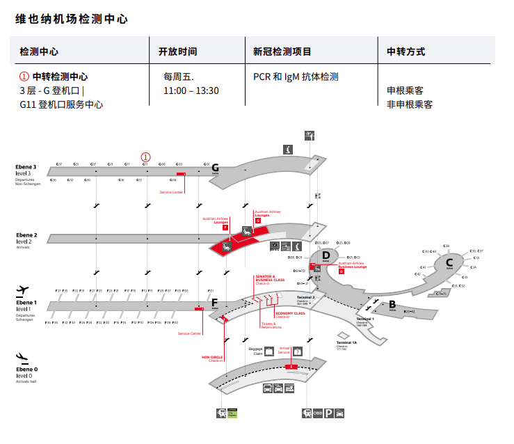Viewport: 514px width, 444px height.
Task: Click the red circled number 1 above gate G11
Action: click(x=145, y=157)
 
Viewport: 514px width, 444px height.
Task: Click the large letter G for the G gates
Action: click(x=215, y=168)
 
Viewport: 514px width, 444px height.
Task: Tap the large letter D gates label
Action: click(x=326, y=255)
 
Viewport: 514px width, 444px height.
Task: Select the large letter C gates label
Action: click(x=449, y=262)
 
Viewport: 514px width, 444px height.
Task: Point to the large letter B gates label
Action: click(x=392, y=303)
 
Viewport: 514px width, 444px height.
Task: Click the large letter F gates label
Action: click(x=215, y=303)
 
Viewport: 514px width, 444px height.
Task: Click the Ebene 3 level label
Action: click(x=26, y=167)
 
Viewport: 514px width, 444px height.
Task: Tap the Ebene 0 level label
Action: click(x=27, y=369)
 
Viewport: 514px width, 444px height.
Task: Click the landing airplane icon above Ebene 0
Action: click(x=22, y=357)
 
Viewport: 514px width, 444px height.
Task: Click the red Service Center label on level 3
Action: click(x=171, y=192)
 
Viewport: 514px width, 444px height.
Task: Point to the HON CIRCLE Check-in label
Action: click(x=211, y=358)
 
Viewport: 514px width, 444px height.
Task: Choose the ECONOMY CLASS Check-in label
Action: click(x=290, y=315)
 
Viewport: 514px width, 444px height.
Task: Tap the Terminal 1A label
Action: click(x=346, y=343)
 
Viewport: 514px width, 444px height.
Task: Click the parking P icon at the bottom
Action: click(x=328, y=413)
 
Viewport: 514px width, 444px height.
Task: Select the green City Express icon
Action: click(x=232, y=413)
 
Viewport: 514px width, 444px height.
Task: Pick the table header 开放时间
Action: click(x=177, y=51)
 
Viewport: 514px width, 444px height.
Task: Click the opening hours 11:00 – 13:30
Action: click(x=191, y=91)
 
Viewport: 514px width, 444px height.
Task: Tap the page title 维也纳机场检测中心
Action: click(x=72, y=19)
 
